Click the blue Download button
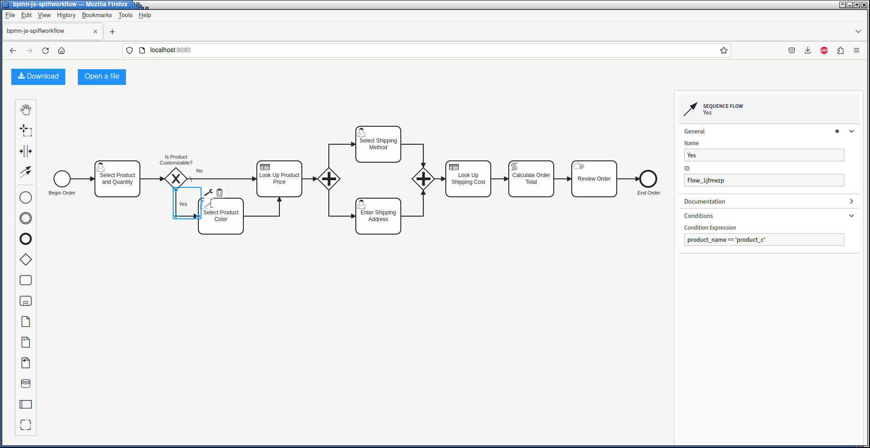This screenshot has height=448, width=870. pos(38,76)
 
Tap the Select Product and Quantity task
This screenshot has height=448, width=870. pos(117,179)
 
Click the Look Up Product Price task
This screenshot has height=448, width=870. pos(279,179)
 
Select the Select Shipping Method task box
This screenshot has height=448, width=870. pos(378,144)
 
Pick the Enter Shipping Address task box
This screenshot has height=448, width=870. pos(378,216)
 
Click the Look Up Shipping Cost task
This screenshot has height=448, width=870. pos(468,179)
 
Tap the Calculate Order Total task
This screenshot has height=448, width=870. pos(531,179)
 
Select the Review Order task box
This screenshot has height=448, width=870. pos(594,179)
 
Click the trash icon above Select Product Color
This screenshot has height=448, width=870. pos(220,193)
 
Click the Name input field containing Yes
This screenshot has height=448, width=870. pos(764,155)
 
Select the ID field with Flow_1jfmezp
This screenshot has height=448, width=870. pos(764,180)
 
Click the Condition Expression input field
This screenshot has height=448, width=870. pos(764,240)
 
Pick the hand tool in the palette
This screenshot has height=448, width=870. pos(26,110)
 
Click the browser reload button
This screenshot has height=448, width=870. pos(45,50)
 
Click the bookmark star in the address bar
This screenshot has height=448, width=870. pos(724,50)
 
